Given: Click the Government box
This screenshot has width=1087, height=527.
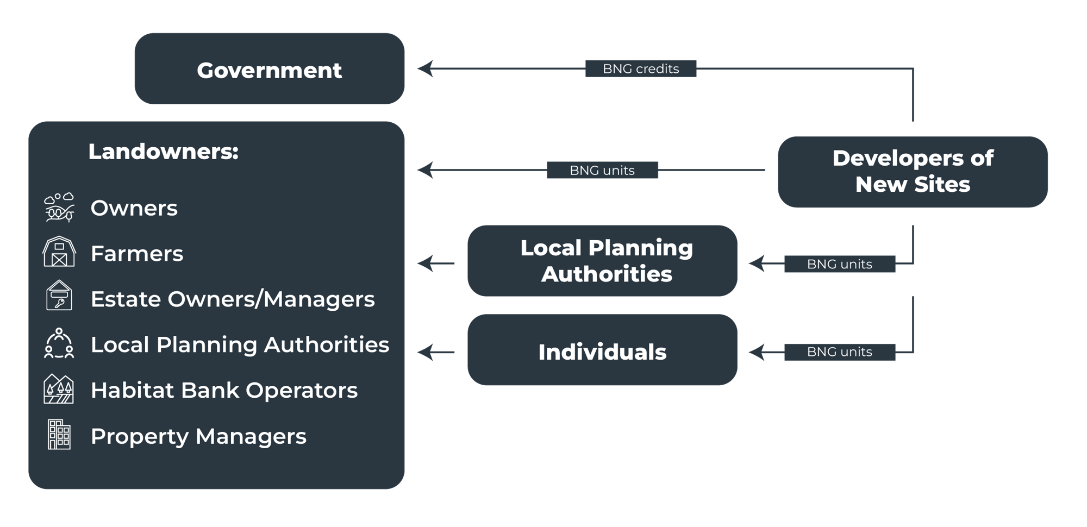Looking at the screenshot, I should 269,69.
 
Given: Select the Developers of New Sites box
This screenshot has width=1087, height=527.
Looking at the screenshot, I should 913,172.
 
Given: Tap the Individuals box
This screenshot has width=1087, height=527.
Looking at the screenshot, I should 602,350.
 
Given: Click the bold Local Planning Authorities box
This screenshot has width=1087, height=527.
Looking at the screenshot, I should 602,261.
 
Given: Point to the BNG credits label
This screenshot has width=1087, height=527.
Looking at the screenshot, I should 641,69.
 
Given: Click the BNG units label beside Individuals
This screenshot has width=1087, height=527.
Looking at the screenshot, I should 839,352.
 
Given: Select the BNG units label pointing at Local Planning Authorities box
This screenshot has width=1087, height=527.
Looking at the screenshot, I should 839,264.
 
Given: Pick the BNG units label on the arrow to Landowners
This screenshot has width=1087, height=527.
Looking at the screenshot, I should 602,170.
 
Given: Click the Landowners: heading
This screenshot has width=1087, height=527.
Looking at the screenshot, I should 163,152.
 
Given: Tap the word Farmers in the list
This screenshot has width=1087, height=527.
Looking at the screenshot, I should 137,254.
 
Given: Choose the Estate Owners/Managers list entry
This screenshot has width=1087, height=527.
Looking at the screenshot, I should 233,299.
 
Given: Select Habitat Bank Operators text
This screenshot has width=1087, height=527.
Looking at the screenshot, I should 224,391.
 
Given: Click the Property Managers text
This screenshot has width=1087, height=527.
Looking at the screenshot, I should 198,436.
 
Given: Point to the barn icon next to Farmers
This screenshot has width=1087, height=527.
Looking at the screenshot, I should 59,252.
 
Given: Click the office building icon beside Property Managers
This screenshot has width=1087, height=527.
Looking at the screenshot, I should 59,435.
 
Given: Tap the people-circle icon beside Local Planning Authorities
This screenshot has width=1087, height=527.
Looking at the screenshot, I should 59,343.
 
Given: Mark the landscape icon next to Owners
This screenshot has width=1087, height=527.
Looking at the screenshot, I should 59,207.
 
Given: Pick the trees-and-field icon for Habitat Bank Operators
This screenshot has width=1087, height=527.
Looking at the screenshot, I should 59,389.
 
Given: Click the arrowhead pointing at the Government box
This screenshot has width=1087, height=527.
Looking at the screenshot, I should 425,68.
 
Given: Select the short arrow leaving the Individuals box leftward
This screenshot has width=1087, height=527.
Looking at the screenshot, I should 436,352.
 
